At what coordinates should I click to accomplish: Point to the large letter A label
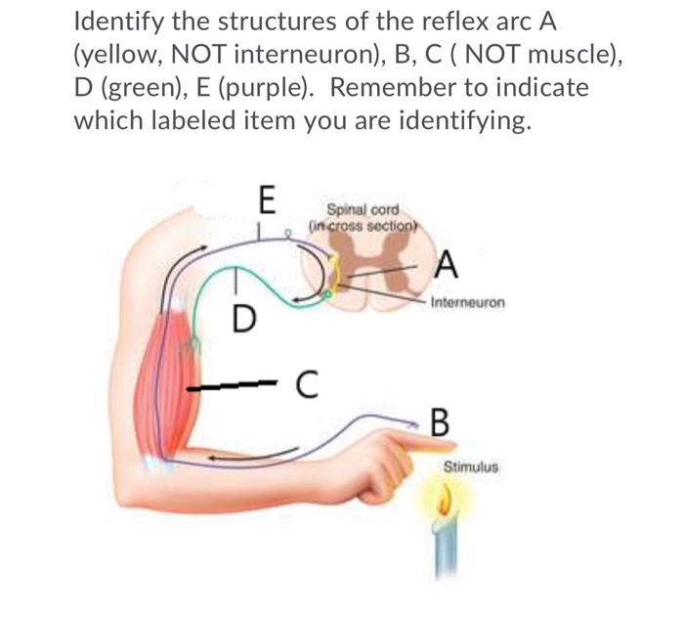click(x=446, y=263)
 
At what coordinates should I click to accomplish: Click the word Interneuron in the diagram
click(x=469, y=303)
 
